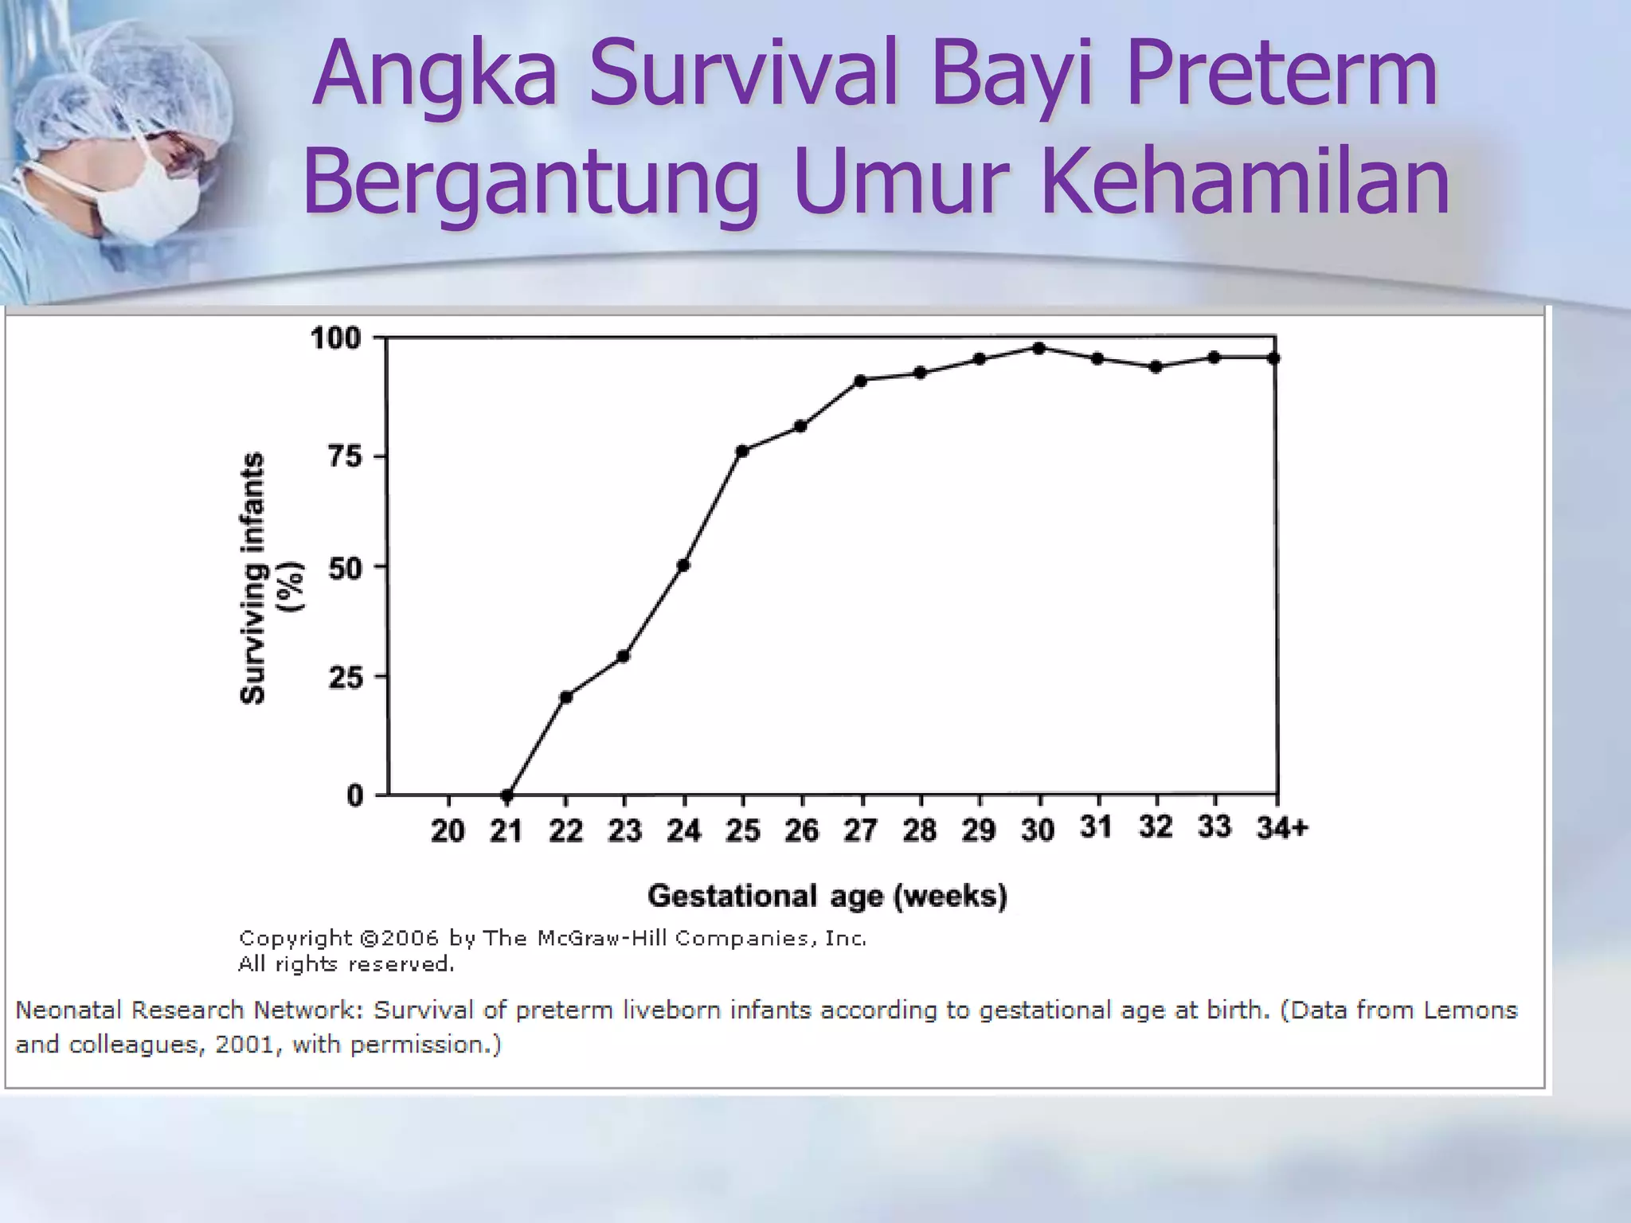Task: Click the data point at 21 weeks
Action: tap(507, 795)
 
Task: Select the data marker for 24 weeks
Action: tap(683, 565)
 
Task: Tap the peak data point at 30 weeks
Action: tap(1038, 348)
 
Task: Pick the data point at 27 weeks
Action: tap(860, 381)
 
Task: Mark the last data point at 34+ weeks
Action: tap(1273, 358)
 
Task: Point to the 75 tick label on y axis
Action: tap(345, 456)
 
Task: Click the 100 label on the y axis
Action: tap(335, 338)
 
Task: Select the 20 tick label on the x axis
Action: tap(448, 830)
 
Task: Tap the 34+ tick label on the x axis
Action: tap(1282, 828)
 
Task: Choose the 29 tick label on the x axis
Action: tap(979, 830)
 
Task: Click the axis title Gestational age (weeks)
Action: tap(827, 896)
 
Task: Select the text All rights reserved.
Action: tap(346, 964)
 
